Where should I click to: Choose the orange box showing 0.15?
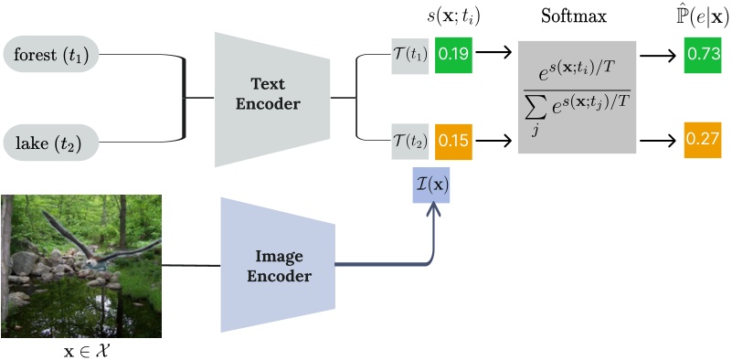pyautogui.click(x=453, y=141)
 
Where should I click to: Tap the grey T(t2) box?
pyautogui.click(x=410, y=141)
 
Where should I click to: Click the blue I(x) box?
pyautogui.click(x=432, y=185)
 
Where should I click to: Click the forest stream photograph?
pyautogui.click(x=81, y=265)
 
